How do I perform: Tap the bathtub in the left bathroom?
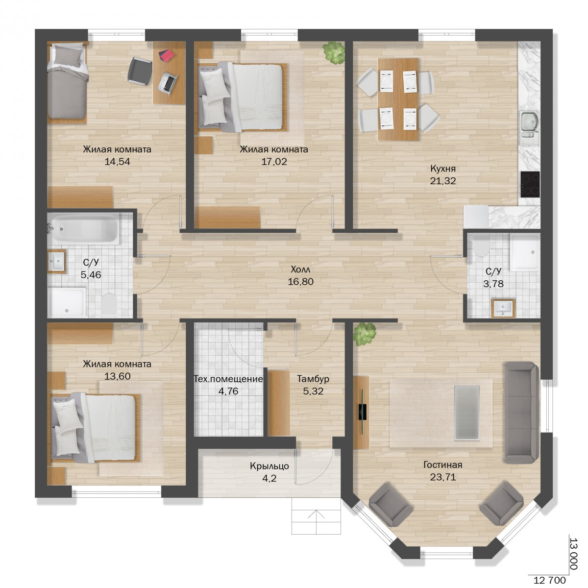click(83, 228)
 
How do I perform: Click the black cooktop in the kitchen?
click(530, 184)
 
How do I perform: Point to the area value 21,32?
click(443, 181)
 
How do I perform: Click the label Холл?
click(300, 269)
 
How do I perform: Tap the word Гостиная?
click(443, 465)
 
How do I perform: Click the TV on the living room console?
click(363, 412)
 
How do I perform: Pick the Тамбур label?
click(313, 379)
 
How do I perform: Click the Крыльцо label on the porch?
click(269, 466)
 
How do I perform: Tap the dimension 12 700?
click(550, 580)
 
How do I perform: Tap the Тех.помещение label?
click(228, 379)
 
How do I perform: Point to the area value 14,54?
click(118, 161)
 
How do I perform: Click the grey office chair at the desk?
click(140, 71)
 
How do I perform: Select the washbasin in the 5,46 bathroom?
click(57, 262)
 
